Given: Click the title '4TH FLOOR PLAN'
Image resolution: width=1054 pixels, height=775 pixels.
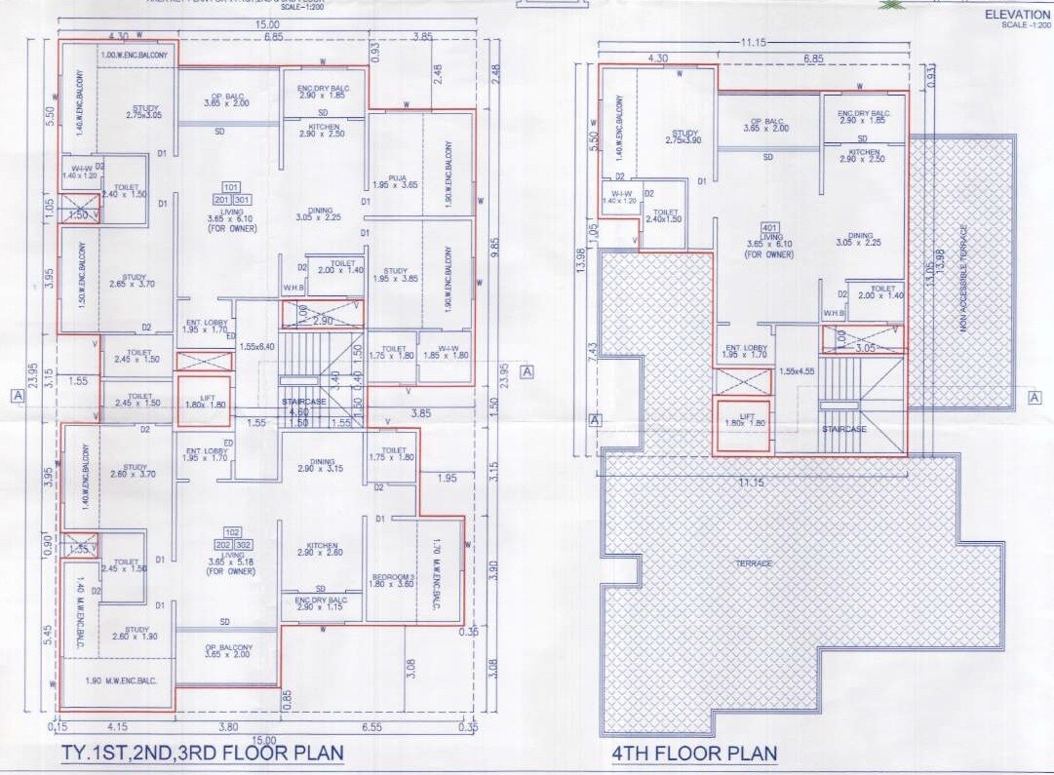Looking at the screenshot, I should click(x=694, y=753).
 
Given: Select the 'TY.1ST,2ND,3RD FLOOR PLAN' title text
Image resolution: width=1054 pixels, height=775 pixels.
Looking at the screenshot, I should click(x=203, y=753).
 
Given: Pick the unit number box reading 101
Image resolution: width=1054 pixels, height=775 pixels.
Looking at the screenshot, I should click(x=231, y=185).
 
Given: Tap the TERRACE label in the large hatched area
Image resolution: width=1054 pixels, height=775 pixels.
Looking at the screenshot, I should click(x=754, y=563).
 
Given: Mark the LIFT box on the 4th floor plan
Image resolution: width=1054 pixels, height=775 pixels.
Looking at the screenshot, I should click(x=743, y=422).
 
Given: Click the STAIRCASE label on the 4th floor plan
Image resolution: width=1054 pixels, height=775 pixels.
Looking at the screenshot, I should click(x=843, y=428).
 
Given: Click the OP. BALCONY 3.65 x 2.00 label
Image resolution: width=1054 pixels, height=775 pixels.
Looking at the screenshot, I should click(x=228, y=651).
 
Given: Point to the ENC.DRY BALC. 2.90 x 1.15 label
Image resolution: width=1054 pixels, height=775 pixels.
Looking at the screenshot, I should click(x=322, y=602).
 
